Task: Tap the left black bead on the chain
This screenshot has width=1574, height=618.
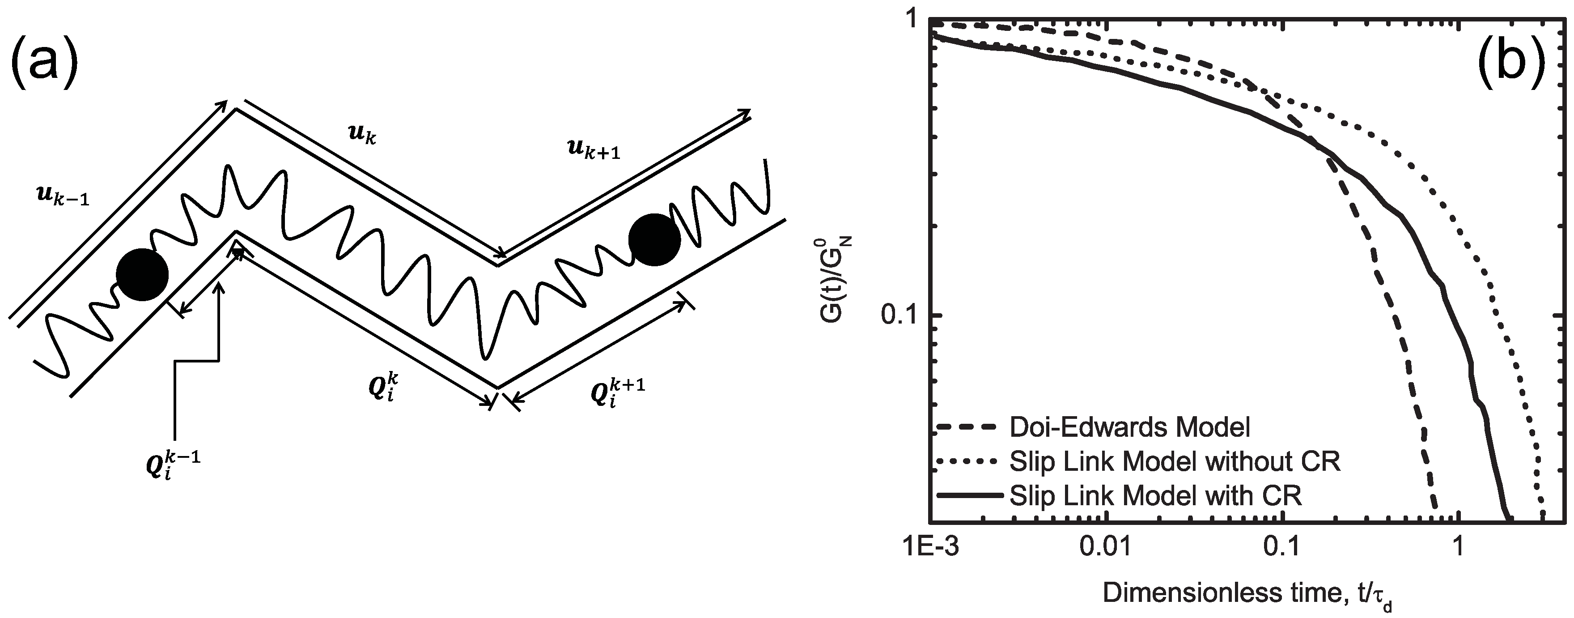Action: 142,274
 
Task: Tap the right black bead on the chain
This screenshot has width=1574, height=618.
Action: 654,239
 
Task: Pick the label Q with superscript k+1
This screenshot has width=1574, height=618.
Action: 618,392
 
